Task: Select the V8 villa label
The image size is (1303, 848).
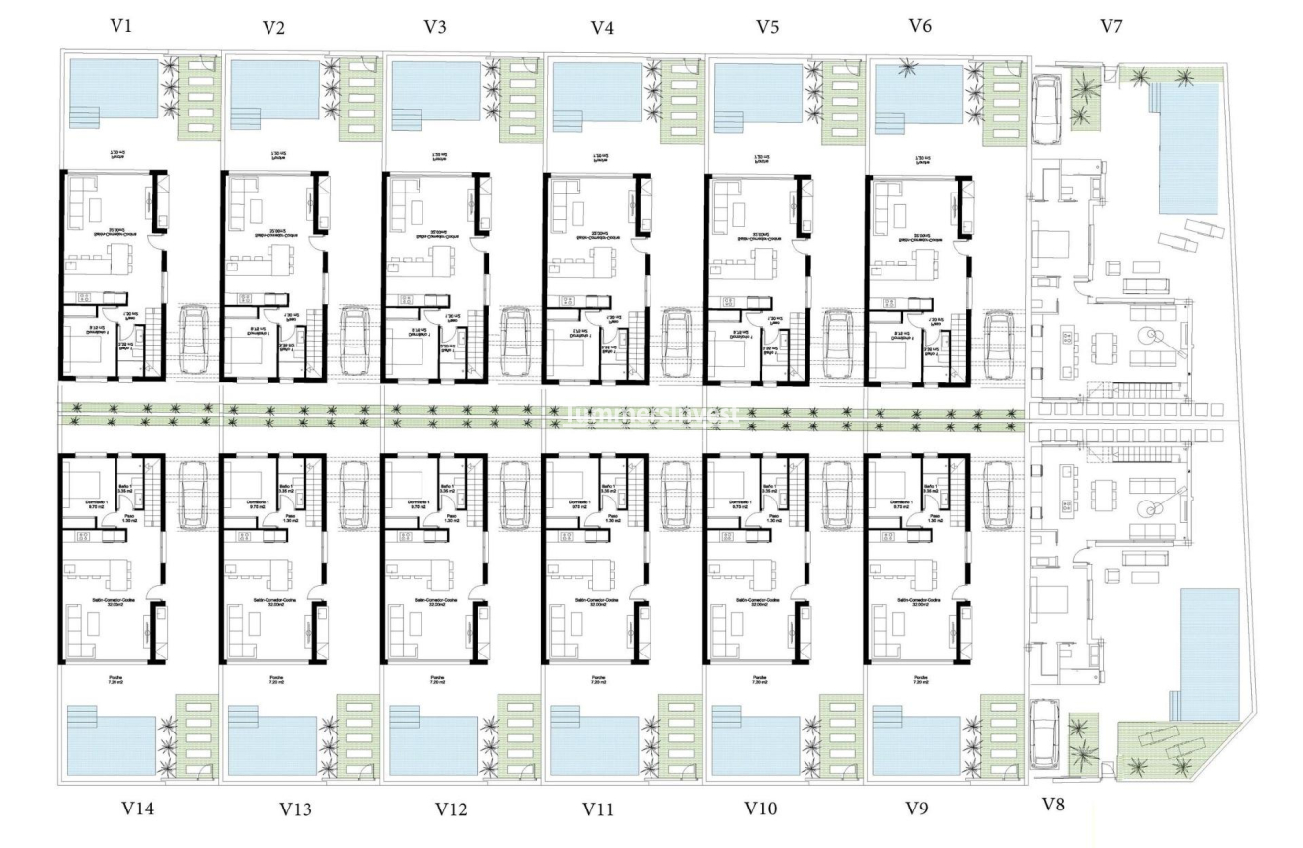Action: pos(1053,805)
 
